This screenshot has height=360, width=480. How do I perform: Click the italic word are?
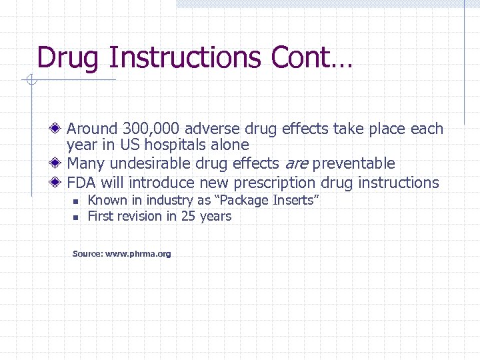tap(296, 164)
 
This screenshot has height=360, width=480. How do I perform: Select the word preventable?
tap(353, 164)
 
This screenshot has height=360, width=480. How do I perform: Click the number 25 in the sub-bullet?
tap(189, 216)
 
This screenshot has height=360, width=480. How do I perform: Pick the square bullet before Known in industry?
tap(76, 201)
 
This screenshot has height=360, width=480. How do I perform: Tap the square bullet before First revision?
tap(76, 217)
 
